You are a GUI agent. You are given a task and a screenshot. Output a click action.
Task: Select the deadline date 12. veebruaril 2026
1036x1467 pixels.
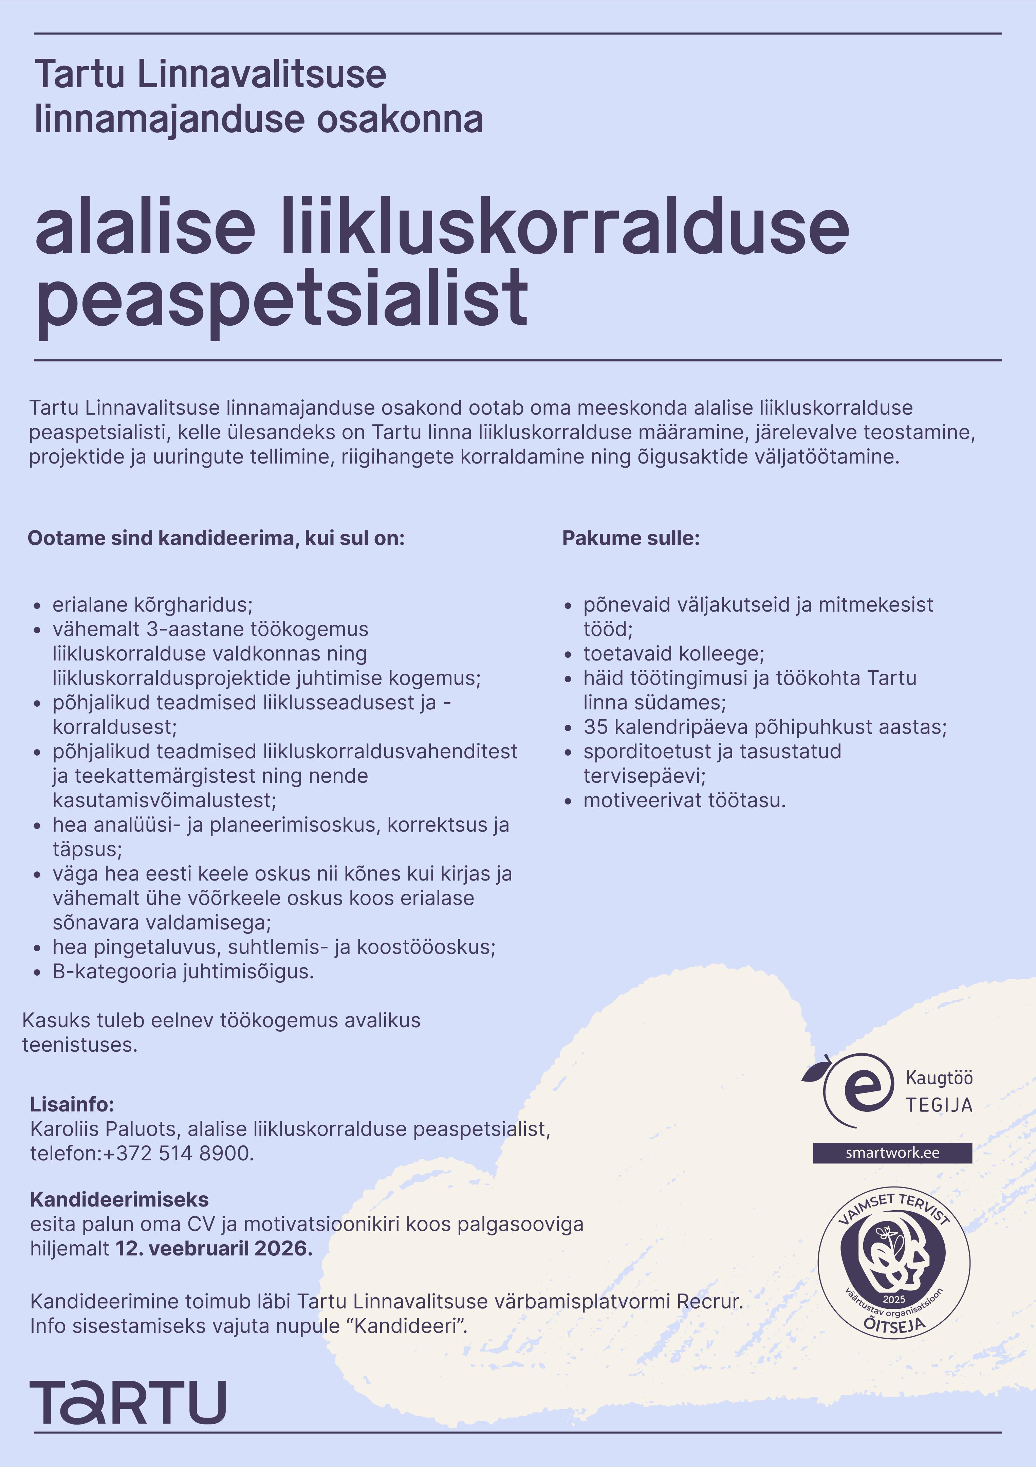click(x=214, y=1248)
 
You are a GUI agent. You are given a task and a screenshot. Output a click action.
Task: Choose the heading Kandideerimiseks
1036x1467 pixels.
click(x=119, y=1199)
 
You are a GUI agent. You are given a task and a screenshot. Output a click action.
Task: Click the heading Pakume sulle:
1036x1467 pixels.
click(x=630, y=538)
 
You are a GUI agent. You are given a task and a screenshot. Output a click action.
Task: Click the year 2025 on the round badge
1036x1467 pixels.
click(x=893, y=1299)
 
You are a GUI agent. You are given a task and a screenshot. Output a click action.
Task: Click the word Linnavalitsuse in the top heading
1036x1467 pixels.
click(x=261, y=74)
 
